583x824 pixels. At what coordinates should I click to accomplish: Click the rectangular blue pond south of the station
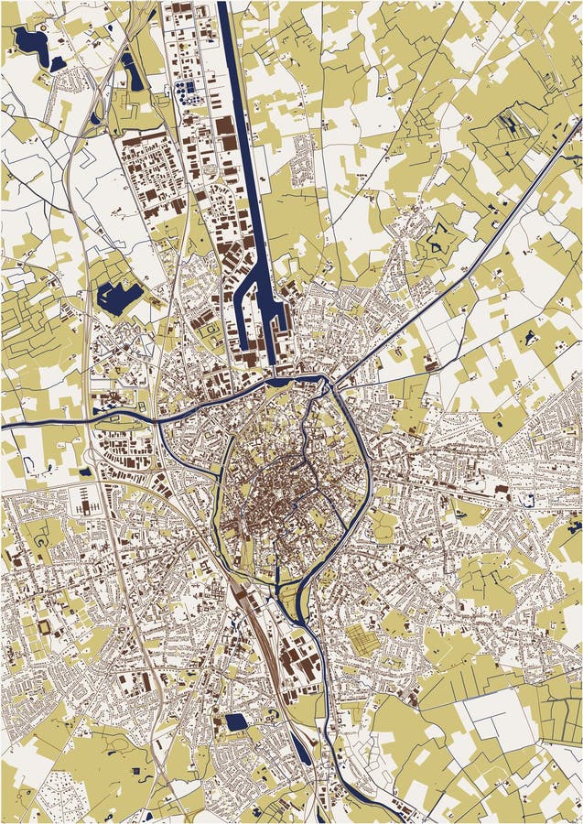[x=237, y=722]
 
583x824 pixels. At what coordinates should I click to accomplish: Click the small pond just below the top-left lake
[x=57, y=64]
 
